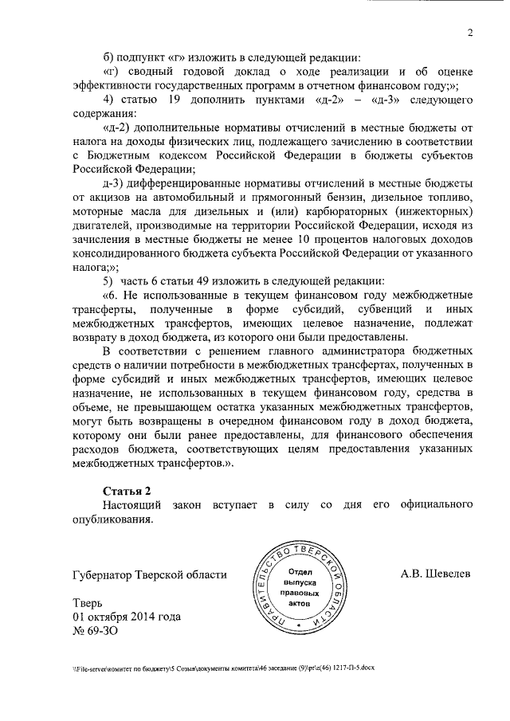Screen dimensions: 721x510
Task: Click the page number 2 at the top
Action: pos(470,33)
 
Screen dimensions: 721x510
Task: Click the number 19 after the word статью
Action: pos(176,100)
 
